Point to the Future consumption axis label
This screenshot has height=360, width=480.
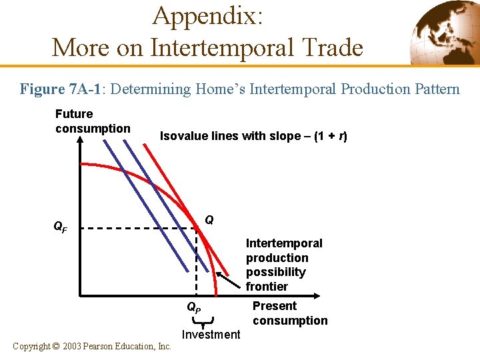tap(93, 121)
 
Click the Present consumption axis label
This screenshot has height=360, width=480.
tap(289, 313)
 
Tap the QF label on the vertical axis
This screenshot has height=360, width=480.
tap(60, 227)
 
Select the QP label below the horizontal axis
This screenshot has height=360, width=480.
tap(193, 308)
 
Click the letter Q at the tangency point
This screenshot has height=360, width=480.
tap(209, 219)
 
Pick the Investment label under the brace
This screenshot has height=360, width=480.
tap(211, 334)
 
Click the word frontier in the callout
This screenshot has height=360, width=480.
tap(267, 287)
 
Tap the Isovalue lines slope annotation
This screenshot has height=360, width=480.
tap(253, 136)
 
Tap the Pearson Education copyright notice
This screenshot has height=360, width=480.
tap(93, 346)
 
